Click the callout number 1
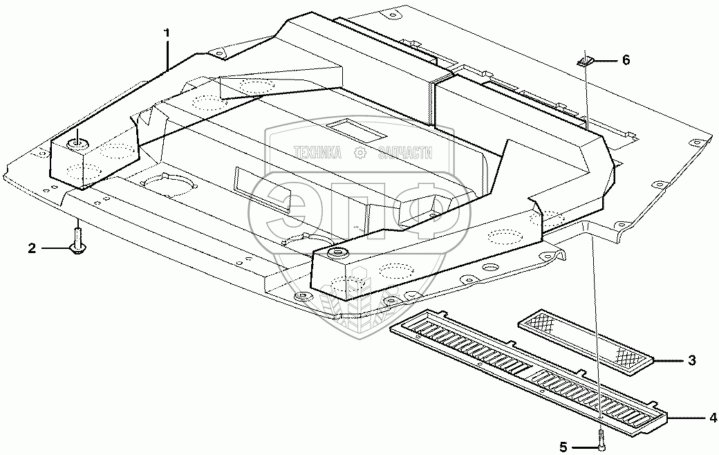tap(166, 33)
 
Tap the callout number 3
tap(691, 360)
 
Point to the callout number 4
tap(712, 417)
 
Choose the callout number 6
tap(626, 60)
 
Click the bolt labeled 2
tap(77, 241)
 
